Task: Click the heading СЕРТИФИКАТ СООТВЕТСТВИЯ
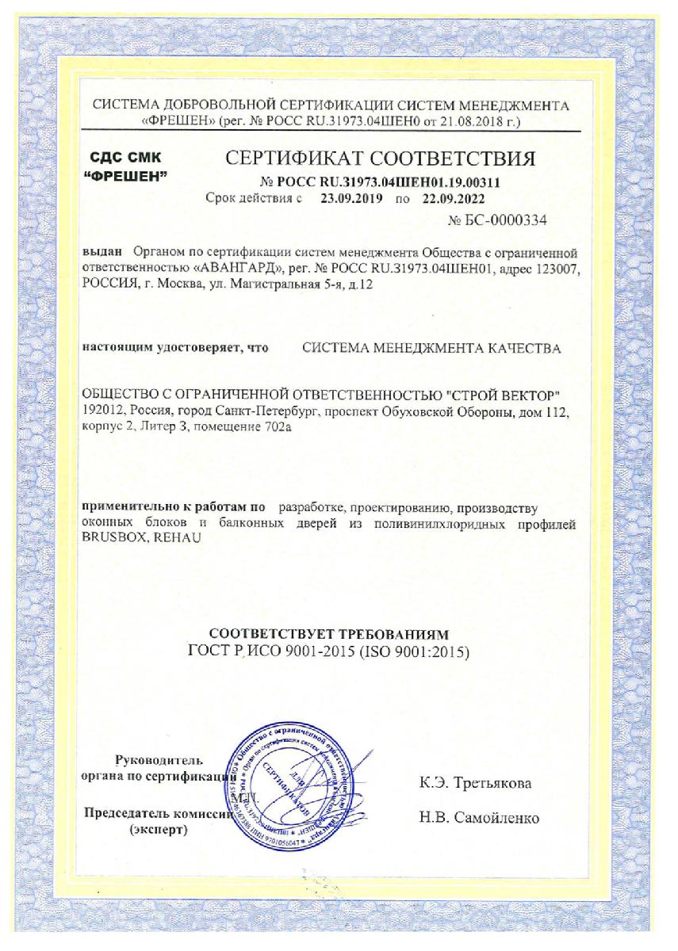[x=381, y=158]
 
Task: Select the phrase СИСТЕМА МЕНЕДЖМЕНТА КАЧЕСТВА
[x=433, y=349]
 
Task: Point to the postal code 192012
[x=103, y=412]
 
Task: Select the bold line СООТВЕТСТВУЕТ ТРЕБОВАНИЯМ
[x=328, y=635]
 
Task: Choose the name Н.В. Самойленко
[x=479, y=818]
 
